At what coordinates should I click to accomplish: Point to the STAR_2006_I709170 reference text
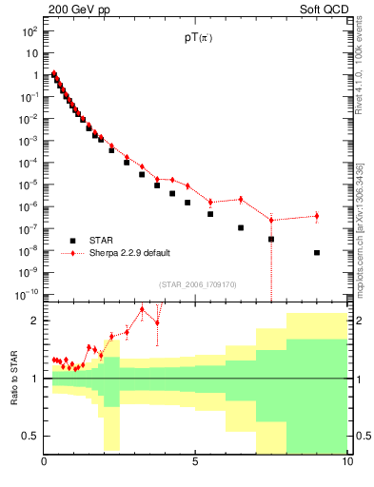pos(198,282)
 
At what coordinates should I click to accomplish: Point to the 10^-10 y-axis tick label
pos(27,294)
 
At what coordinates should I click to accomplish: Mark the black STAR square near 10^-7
pos(241,228)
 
